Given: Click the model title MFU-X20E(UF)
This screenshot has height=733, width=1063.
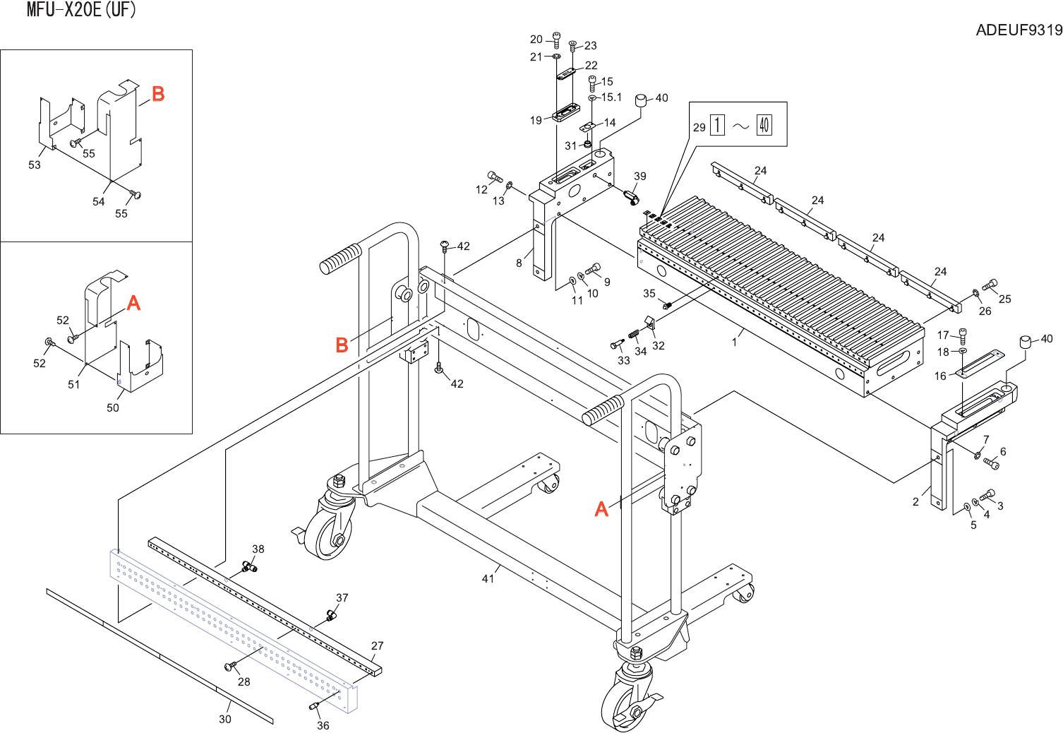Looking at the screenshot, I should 81,10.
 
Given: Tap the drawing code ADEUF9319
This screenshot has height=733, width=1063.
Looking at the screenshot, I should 1019,30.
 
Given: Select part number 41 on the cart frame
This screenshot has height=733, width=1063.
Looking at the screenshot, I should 488,579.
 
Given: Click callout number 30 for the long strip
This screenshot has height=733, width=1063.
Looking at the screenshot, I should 224,719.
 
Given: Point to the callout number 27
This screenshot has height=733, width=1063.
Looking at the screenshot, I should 378,646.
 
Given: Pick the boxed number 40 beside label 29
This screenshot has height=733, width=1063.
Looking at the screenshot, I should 764,126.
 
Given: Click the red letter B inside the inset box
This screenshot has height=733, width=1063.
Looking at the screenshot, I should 158,94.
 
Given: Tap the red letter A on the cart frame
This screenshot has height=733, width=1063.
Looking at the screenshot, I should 601,509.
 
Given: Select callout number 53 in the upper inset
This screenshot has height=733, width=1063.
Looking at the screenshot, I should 35,165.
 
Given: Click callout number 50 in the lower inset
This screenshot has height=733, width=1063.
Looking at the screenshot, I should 113,408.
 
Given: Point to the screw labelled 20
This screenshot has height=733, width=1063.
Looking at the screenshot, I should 555,39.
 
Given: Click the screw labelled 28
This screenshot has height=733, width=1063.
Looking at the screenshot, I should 229,666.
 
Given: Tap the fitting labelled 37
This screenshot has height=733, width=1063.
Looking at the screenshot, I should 330,616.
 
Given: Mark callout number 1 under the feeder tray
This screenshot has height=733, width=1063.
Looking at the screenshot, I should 734,342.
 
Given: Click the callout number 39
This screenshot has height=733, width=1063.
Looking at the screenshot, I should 639,177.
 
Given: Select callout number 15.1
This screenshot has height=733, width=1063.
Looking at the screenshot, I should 611,97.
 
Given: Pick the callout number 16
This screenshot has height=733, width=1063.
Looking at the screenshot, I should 940,376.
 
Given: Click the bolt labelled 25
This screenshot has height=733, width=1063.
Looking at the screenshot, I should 990,285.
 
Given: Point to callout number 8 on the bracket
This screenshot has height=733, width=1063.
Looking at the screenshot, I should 519,263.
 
